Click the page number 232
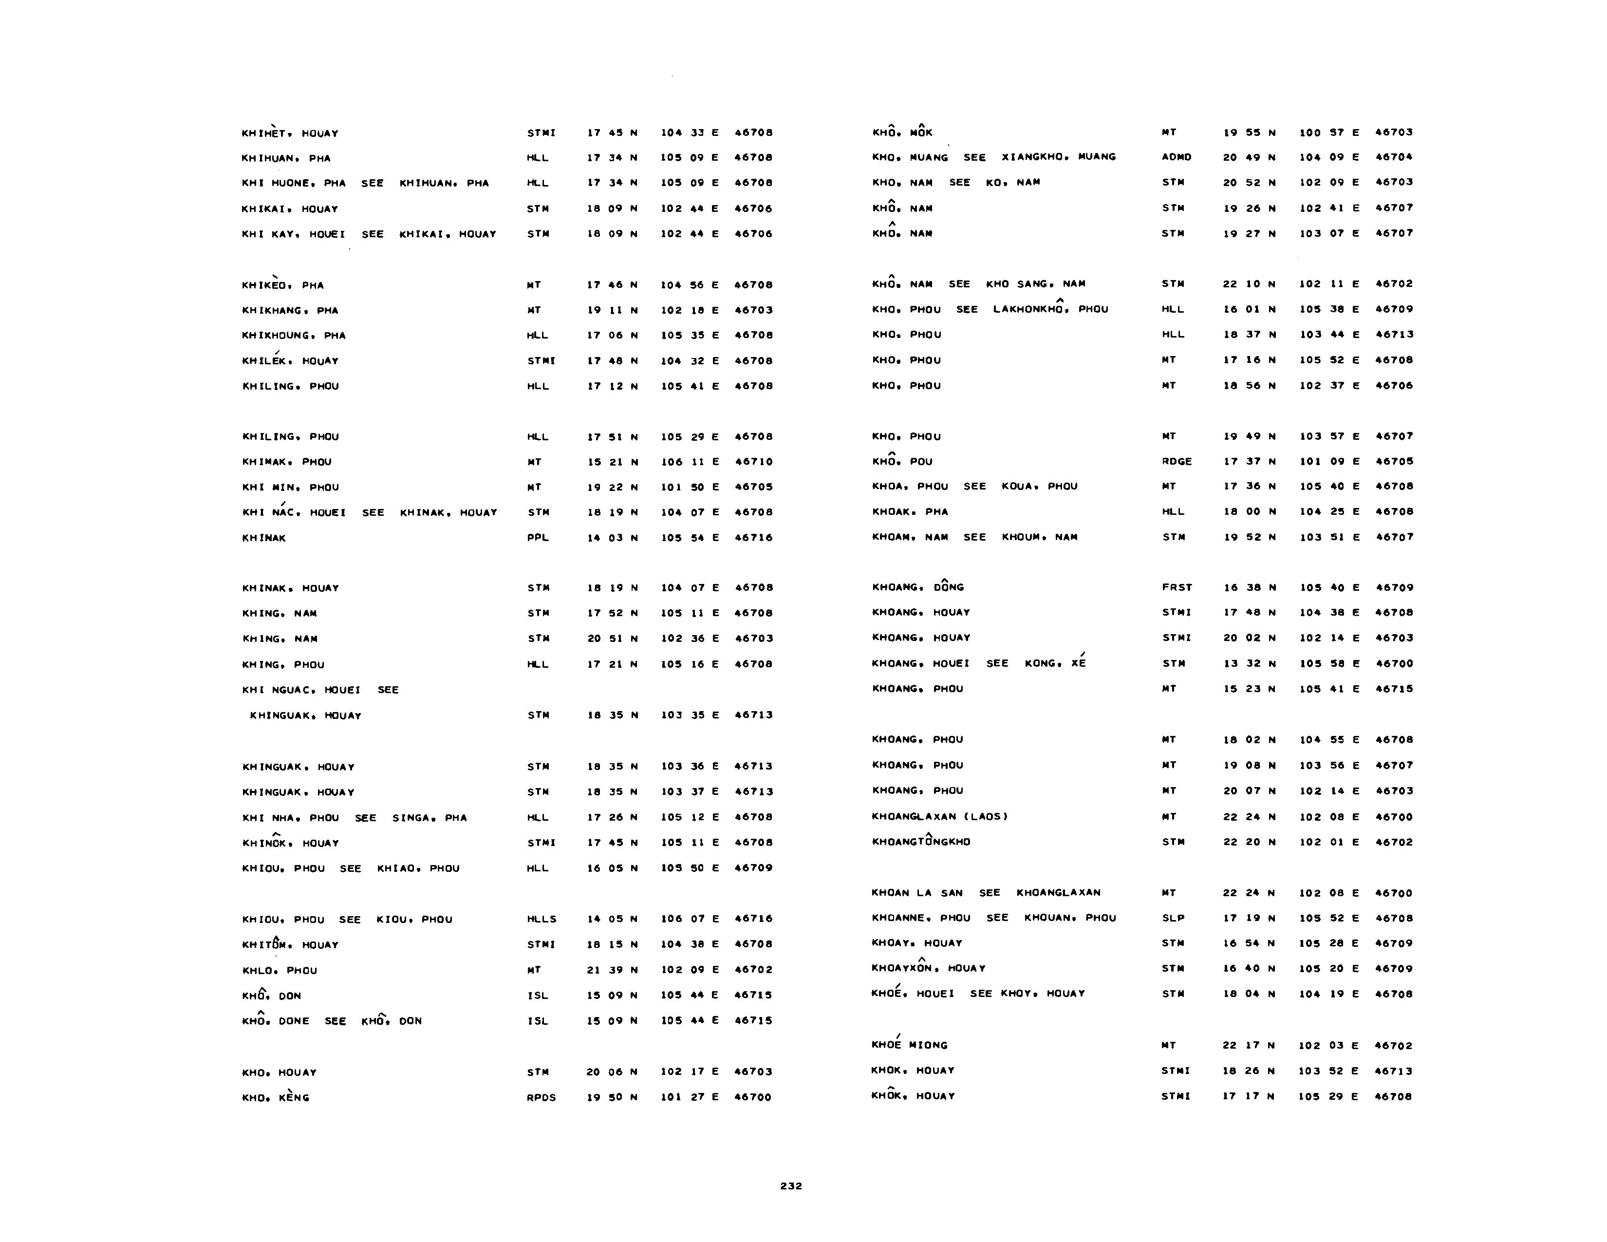pyautogui.click(x=791, y=1186)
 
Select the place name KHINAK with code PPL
pyautogui.click(x=264, y=538)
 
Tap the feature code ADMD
pyautogui.click(x=1176, y=157)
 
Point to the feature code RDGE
pyautogui.click(x=1177, y=461)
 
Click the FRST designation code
pyautogui.click(x=1177, y=587)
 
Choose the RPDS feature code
pyautogui.click(x=541, y=1097)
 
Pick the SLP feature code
pyautogui.click(x=1173, y=918)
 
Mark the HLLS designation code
pyautogui.click(x=542, y=919)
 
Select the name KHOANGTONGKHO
pyautogui.click(x=920, y=842)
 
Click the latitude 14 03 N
pyautogui.click(x=612, y=538)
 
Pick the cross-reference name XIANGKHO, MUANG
pyautogui.click(x=1058, y=157)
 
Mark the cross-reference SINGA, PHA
pyautogui.click(x=429, y=817)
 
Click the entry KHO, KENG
pyautogui.click(x=276, y=1097)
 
